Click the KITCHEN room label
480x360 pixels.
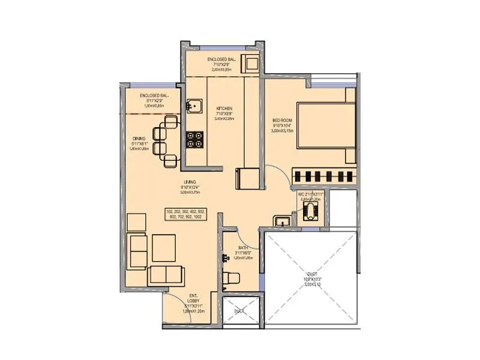(224, 109)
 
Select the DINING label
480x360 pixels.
(139, 137)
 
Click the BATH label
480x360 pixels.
(242, 247)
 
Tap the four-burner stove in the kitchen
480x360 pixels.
(194, 140)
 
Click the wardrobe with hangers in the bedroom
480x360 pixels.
(324, 176)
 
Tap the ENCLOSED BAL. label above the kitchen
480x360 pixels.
(222, 61)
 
